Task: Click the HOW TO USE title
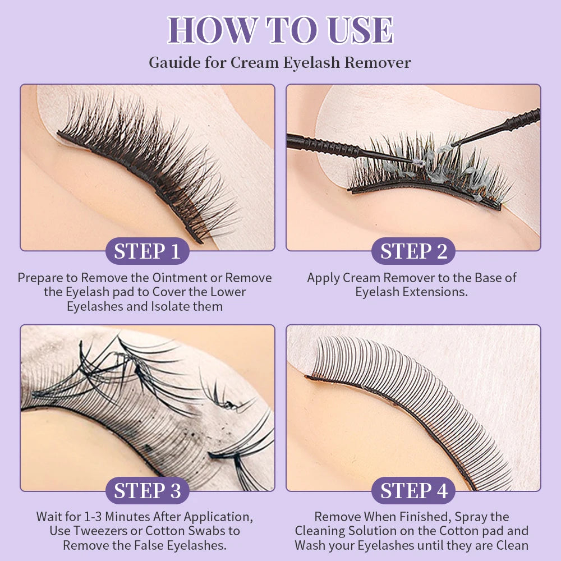(280, 30)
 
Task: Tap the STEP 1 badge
(147, 251)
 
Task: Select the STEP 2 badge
(413, 251)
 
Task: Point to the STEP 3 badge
(147, 490)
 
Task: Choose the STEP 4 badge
(413, 490)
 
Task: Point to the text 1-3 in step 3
(93, 517)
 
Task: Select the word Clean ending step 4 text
(512, 545)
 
